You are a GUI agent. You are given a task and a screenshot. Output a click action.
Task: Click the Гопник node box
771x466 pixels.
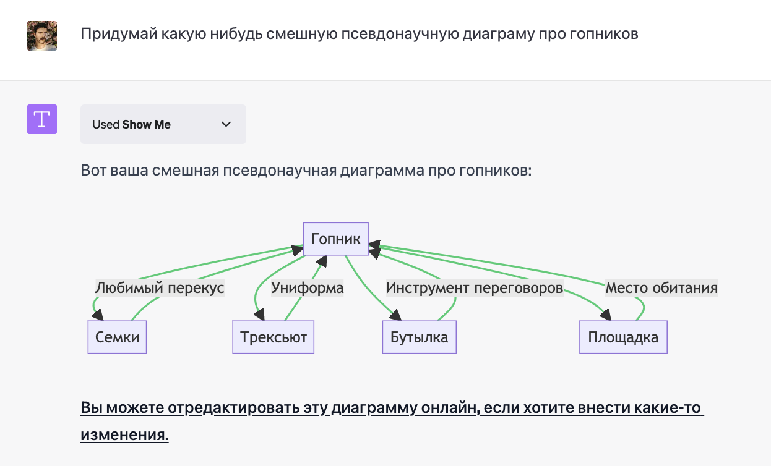336,239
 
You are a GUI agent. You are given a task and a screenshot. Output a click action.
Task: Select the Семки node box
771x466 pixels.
117,337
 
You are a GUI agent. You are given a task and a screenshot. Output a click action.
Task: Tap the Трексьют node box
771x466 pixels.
274,337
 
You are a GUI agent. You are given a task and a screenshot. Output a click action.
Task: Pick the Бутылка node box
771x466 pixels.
419,337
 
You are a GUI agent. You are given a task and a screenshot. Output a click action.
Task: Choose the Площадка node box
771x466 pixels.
623,337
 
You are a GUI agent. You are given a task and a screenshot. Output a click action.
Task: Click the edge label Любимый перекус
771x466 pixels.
160,288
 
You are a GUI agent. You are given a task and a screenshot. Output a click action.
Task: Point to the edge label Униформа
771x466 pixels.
307,288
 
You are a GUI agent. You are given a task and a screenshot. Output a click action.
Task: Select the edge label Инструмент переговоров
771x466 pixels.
475,288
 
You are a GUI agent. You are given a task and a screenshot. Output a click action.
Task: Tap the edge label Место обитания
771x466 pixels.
661,288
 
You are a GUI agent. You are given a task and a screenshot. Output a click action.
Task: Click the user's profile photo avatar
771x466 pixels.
42,36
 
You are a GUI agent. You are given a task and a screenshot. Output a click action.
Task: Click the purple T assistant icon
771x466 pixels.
42,119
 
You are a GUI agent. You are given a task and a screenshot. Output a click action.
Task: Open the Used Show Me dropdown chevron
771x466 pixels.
226,124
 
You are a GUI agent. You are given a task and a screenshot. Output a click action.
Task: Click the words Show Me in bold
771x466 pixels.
146,124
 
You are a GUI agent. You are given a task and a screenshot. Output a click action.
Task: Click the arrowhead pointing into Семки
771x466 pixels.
97,315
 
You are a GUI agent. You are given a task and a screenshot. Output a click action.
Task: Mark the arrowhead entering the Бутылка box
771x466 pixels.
395,315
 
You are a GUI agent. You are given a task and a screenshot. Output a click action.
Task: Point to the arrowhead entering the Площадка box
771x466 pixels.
605,315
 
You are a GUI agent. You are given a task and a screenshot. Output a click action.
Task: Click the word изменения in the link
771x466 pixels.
124,435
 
